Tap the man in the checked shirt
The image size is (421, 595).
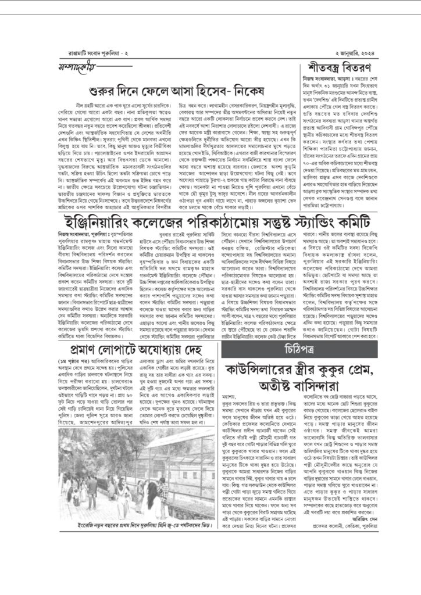[92, 485]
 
